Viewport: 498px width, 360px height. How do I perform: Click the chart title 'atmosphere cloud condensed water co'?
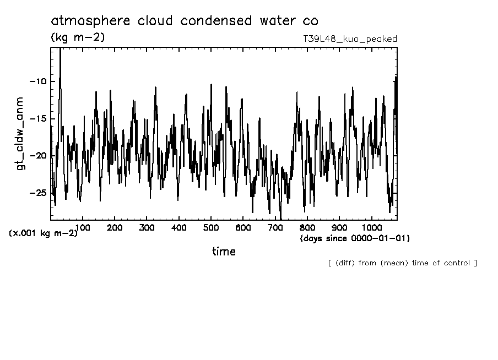[x=184, y=21]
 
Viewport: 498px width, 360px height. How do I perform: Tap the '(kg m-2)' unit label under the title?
[x=77, y=37]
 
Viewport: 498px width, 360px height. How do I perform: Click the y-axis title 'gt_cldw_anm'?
[x=20, y=133]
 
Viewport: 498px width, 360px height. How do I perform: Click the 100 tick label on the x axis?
[x=83, y=227]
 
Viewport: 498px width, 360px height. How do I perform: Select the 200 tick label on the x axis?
[x=115, y=227]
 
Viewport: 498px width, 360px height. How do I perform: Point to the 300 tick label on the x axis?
[x=147, y=227]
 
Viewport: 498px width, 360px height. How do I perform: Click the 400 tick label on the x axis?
[x=179, y=227]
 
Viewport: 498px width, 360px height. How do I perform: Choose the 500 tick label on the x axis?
[x=211, y=227]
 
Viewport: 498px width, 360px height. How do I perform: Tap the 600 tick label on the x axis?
[x=243, y=227]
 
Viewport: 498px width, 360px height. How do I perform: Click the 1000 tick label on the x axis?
[x=372, y=227]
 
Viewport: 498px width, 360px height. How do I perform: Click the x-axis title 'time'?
[x=224, y=252]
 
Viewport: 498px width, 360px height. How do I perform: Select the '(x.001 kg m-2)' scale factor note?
[x=43, y=233]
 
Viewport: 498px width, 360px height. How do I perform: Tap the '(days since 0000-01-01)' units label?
[x=355, y=238]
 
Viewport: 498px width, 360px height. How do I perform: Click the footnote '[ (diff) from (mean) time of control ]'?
[x=402, y=263]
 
